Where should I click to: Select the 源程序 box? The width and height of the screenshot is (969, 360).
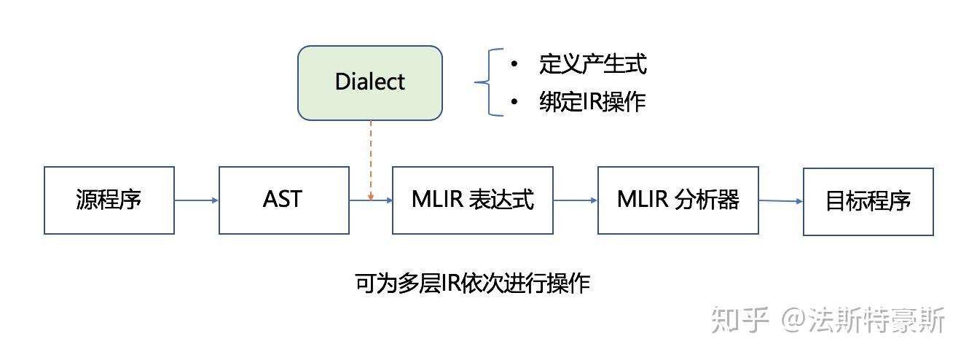(x=109, y=200)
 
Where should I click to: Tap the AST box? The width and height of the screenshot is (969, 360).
(x=283, y=200)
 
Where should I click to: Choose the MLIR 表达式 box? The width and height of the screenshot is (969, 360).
(x=472, y=200)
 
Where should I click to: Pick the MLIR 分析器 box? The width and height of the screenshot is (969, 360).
(x=678, y=200)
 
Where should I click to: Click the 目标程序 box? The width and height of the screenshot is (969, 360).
(x=868, y=201)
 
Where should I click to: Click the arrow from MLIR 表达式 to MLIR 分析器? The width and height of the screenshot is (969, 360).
(x=575, y=200)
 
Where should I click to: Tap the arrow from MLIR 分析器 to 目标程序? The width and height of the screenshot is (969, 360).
(x=780, y=201)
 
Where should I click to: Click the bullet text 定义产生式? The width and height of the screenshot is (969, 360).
(x=592, y=64)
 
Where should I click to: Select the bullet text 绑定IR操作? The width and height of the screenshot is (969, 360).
(x=592, y=102)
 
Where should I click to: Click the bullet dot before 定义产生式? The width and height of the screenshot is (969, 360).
(x=514, y=65)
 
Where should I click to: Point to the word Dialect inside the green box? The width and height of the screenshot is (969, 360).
(x=370, y=82)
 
